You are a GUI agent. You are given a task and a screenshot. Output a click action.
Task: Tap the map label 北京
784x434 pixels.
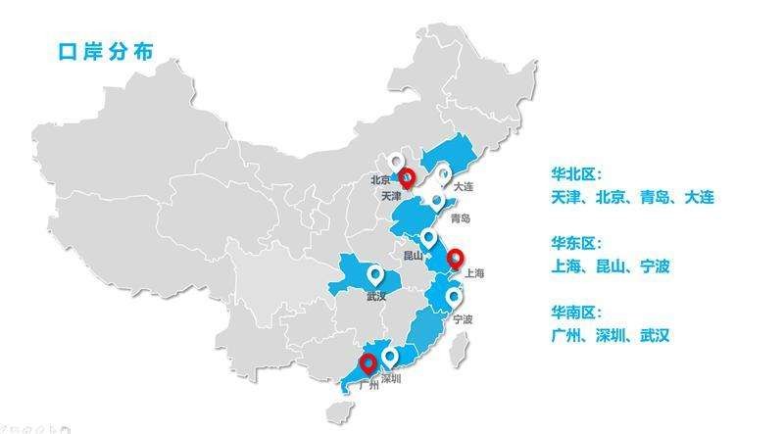coord(380,180)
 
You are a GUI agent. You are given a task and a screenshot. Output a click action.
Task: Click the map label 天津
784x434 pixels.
coord(391,196)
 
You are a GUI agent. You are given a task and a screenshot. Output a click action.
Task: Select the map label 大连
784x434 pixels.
coord(464,186)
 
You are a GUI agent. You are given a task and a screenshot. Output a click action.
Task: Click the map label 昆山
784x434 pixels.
coord(414,256)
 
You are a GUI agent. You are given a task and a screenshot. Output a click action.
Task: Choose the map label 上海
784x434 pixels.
coord(474,274)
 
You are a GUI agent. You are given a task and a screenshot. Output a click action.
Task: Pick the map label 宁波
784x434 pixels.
coord(464,319)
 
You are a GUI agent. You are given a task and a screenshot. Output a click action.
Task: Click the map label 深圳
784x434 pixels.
coord(390,378)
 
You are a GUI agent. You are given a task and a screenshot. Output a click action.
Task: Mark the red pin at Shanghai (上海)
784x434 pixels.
coord(455,260)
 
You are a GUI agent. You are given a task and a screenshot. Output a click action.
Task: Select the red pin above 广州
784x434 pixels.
coord(367,364)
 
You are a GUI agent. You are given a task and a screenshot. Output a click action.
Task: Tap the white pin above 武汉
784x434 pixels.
coord(374,274)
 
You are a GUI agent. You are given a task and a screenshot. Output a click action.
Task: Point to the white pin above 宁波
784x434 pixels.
coord(455,297)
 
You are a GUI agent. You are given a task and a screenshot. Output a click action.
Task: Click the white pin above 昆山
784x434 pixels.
coord(428,238)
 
